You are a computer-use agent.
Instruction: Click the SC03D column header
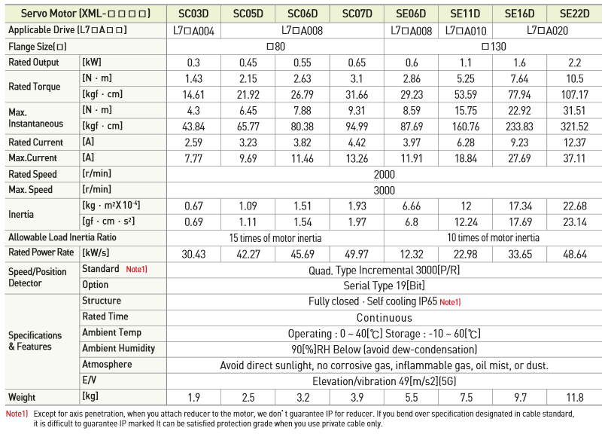point(193,14)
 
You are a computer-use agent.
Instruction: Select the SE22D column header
point(574,14)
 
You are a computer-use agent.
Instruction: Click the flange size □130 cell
point(493,46)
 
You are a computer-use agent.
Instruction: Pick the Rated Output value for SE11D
point(466,63)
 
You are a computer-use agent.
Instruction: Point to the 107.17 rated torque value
point(574,94)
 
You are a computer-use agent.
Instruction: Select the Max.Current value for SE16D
point(520,158)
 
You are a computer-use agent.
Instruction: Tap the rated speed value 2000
point(384,174)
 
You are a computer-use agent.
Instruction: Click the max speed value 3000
point(384,190)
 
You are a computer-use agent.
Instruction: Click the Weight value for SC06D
point(302,397)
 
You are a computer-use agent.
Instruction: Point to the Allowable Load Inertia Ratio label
point(73,237)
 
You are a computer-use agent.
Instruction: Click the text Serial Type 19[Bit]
point(384,286)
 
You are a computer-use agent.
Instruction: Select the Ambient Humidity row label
point(118,348)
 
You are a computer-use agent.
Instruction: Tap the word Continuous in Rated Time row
point(384,317)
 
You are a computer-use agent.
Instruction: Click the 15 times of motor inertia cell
point(275,237)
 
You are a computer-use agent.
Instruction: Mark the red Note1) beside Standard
point(136,270)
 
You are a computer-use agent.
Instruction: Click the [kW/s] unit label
point(96,253)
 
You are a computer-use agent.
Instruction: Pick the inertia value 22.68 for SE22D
point(574,206)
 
